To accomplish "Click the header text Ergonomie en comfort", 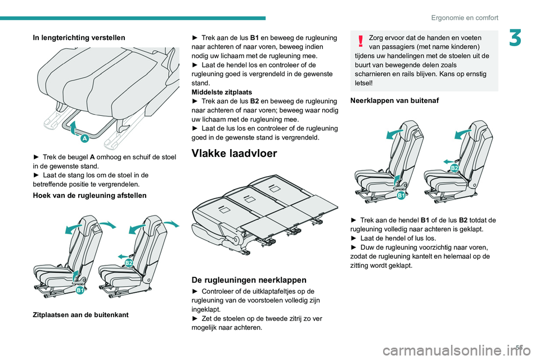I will coord(465,17).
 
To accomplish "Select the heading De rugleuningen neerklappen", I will coord(249,280).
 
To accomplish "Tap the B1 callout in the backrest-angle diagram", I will coord(80,290).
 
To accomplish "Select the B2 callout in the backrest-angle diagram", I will coord(129,263).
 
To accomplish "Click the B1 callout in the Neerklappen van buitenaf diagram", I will coord(402,195).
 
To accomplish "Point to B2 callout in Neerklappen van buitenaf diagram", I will coord(454,168).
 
